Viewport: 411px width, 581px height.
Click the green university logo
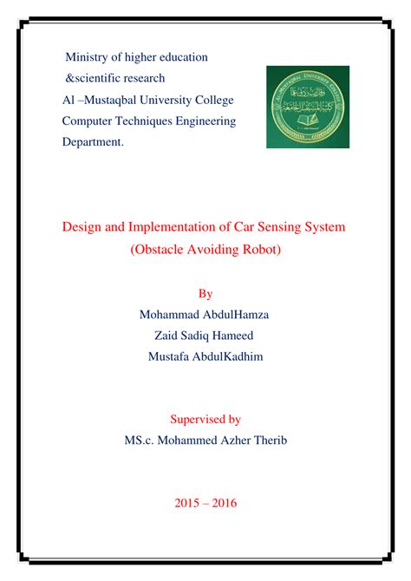(x=308, y=107)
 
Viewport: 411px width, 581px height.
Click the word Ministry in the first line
(x=89, y=57)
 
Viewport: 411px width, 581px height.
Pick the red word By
(x=205, y=293)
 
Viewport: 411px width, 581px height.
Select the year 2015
(x=188, y=503)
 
